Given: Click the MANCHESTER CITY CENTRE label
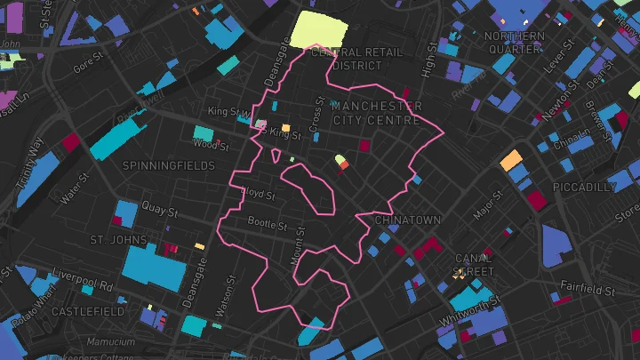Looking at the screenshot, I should [x=377, y=113].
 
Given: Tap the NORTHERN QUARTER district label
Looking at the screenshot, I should [x=515, y=43].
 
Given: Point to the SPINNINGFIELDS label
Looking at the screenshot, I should [x=169, y=166].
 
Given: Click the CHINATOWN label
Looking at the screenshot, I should [x=407, y=220].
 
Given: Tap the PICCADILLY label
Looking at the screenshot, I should [x=583, y=188].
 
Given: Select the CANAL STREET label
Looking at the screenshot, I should [x=473, y=264].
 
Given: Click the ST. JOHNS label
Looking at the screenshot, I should [x=116, y=240].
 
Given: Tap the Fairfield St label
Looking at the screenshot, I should [x=587, y=290].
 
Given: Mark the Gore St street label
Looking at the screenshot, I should [x=89, y=64].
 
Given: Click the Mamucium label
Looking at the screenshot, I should [x=112, y=341].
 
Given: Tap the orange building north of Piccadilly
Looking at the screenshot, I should [x=511, y=160].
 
